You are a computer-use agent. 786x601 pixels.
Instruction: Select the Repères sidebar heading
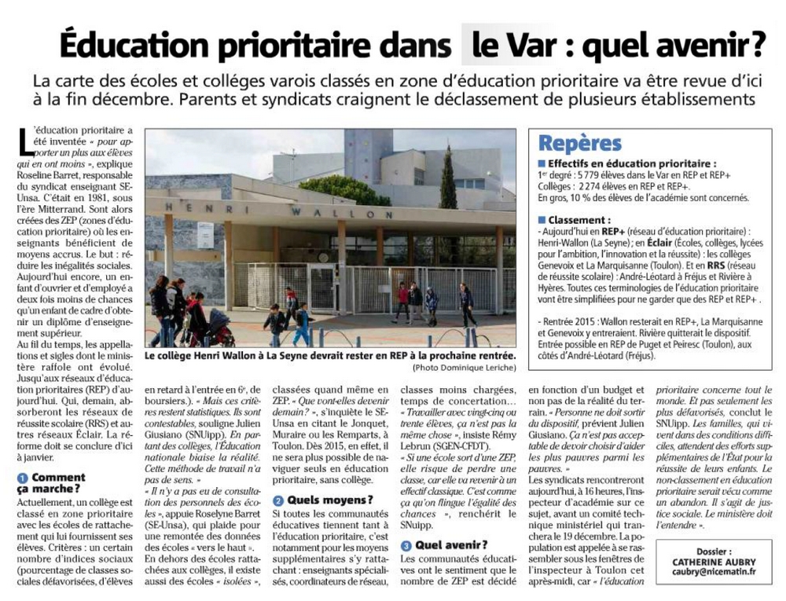click(x=580, y=143)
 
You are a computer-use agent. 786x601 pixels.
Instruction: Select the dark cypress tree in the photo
click(x=448, y=177)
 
